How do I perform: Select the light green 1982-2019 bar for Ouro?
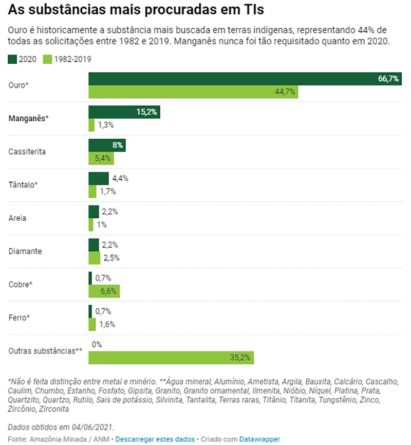click(x=193, y=92)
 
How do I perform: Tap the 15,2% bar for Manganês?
click(x=124, y=112)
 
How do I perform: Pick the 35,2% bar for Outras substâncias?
click(x=171, y=358)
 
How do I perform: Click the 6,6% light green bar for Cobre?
click(x=104, y=291)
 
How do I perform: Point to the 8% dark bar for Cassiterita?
click(x=107, y=145)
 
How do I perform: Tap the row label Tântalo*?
click(x=24, y=184)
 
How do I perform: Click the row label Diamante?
click(x=26, y=251)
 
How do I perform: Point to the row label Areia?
click(x=17, y=218)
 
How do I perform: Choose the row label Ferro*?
click(x=20, y=318)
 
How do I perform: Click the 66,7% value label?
click(x=388, y=79)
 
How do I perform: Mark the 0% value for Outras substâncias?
click(x=96, y=345)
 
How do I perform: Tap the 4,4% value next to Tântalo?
click(x=120, y=178)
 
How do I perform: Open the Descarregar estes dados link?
click(x=155, y=439)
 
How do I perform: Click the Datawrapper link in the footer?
click(x=259, y=439)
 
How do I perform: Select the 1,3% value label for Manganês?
click(x=105, y=125)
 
